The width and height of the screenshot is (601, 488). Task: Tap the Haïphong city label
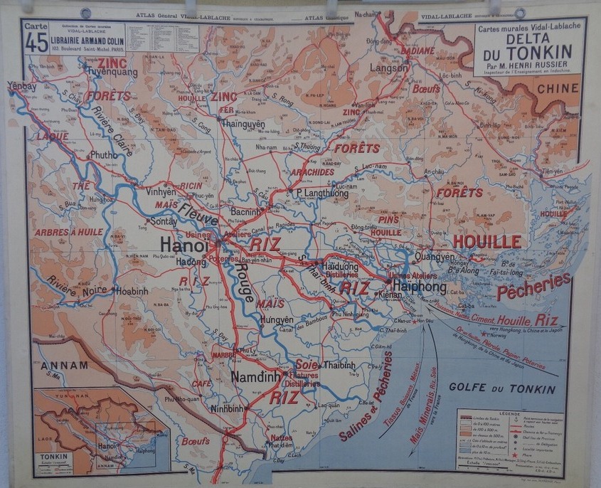click(417, 287)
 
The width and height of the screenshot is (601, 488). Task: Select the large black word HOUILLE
click(487, 242)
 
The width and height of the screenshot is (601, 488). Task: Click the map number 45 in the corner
click(36, 43)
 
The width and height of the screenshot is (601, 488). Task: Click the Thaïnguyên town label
click(243, 122)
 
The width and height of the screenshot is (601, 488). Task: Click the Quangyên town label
click(433, 257)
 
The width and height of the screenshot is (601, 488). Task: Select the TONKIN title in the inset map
click(54, 457)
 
